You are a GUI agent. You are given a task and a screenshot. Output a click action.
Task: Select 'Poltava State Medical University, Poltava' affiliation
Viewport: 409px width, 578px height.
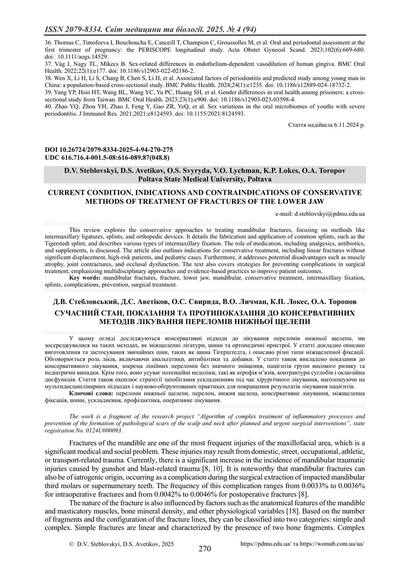(x=205, y=179)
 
